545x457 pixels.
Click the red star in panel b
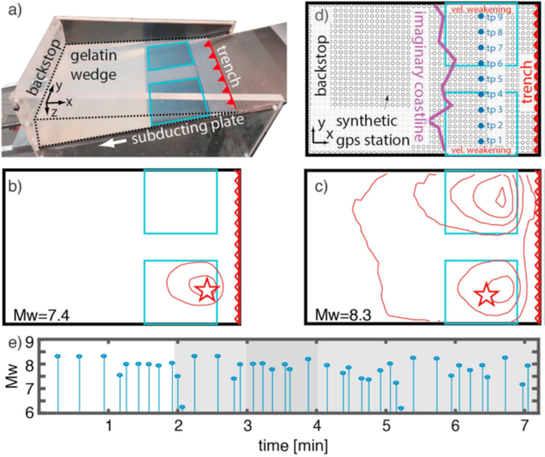point(206,290)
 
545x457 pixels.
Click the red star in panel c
point(486,294)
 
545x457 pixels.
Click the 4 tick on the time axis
point(317,426)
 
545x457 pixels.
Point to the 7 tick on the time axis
point(524,426)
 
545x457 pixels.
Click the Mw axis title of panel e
point(10,376)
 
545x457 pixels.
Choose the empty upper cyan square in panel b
point(180,201)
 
